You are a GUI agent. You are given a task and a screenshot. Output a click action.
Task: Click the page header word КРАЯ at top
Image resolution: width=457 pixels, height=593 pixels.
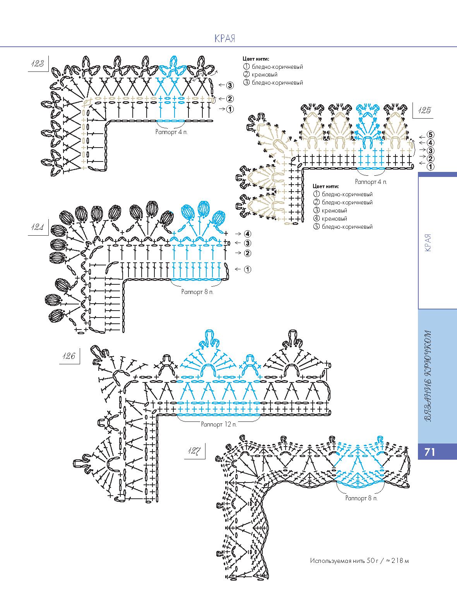click(224, 38)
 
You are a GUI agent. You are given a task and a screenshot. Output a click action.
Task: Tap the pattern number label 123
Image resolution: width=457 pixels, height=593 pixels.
click(38, 64)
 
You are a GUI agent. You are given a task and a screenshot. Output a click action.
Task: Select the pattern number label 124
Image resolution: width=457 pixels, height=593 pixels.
click(38, 228)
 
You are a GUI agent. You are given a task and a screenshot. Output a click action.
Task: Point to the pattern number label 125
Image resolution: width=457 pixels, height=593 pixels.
click(424, 110)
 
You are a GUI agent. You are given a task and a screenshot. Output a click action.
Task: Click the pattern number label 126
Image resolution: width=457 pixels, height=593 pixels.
click(68, 356)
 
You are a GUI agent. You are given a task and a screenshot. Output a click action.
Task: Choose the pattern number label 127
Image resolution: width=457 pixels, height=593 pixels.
click(195, 451)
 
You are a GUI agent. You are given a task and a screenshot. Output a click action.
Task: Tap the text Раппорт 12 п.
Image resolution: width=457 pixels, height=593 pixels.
click(219, 424)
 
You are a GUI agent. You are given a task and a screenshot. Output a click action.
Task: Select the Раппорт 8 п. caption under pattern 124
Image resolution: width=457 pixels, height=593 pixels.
click(197, 292)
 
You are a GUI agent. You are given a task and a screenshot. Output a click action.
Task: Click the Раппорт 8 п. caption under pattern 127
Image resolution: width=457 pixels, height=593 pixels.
click(361, 498)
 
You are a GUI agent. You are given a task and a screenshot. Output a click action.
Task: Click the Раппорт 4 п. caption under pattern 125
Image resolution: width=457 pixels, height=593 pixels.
click(371, 181)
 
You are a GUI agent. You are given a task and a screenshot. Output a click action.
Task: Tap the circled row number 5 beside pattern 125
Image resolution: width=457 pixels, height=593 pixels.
click(431, 135)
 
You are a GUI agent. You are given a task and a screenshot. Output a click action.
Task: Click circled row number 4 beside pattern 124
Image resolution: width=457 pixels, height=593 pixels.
click(248, 234)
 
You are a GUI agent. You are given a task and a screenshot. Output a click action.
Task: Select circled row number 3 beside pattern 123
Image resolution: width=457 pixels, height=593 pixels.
click(229, 85)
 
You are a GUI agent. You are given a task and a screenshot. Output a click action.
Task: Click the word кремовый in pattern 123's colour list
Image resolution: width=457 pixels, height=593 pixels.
click(265, 75)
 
